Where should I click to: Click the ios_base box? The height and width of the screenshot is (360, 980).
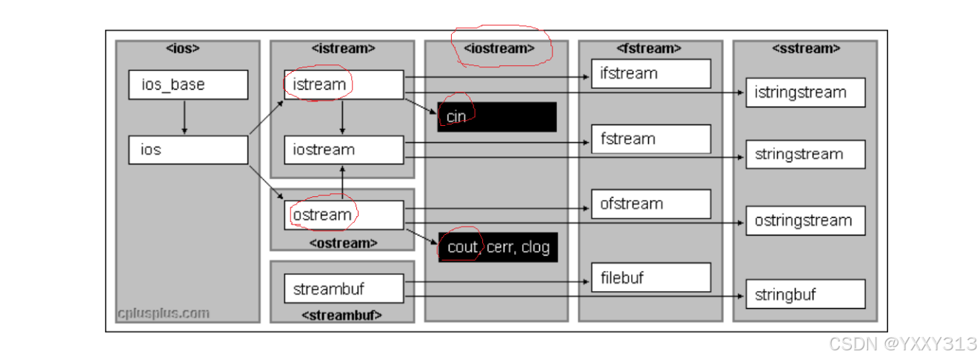(x=187, y=84)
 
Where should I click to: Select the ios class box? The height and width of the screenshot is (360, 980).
(x=187, y=150)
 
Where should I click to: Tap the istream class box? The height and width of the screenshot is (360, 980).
(x=344, y=84)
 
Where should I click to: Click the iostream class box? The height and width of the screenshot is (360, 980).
(x=344, y=150)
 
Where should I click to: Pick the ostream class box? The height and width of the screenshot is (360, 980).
(x=344, y=215)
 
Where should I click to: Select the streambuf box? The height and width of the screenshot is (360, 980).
(x=344, y=289)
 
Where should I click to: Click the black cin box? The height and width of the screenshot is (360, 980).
(x=497, y=117)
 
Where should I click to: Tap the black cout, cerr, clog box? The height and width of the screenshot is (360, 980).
(x=497, y=247)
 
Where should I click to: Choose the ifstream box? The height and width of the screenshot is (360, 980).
(x=650, y=73)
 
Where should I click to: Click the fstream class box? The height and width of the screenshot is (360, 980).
(x=650, y=139)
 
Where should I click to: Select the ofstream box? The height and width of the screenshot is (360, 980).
(x=650, y=204)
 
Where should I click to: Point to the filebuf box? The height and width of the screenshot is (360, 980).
(x=650, y=278)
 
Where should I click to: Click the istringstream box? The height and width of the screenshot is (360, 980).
(x=805, y=93)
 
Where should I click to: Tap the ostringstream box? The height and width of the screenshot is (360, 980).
(x=805, y=220)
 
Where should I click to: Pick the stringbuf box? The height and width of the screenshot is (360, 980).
(x=805, y=294)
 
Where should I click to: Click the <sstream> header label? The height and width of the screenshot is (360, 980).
(x=805, y=49)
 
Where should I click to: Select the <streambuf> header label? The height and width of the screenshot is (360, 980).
(x=341, y=315)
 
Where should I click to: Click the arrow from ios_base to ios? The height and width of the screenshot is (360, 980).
(x=184, y=117)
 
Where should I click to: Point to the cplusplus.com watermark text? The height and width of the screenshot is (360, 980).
(x=164, y=313)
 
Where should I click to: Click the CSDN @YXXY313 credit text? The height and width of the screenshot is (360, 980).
(x=902, y=344)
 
